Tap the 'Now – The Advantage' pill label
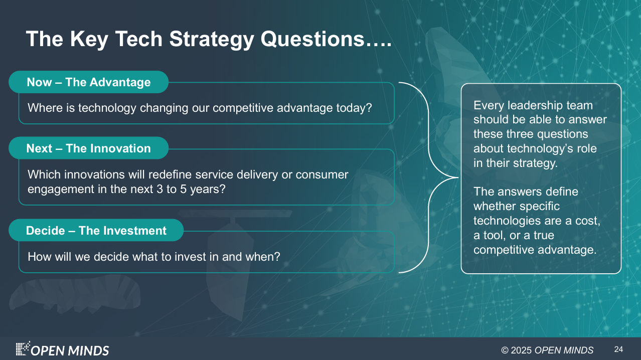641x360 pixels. pos(88,82)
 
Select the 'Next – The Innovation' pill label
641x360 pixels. pos(88,148)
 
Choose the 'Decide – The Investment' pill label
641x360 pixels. pos(96,230)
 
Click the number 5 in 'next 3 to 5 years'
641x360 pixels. pos(183,189)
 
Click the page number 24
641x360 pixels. pos(618,349)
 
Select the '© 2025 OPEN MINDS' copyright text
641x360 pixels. pos(547,350)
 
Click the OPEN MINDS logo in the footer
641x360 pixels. pos(62,348)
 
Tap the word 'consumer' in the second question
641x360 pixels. pos(322,174)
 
